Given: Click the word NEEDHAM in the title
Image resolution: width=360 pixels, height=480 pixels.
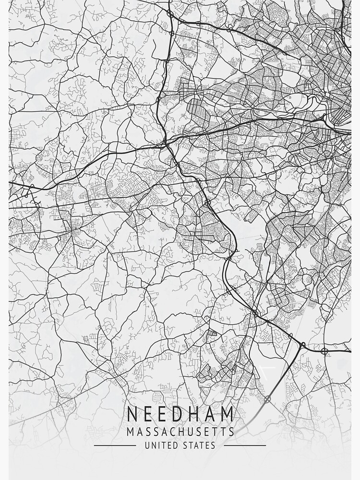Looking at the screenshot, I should [x=180, y=414].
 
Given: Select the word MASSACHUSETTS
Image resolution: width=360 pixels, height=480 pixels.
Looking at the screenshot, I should [x=180, y=432].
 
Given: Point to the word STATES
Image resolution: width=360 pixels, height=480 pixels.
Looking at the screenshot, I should [x=199, y=445].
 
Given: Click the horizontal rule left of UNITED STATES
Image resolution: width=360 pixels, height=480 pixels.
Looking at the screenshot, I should [x=115, y=445].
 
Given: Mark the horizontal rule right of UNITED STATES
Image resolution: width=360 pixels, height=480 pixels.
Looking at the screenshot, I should [x=245, y=445].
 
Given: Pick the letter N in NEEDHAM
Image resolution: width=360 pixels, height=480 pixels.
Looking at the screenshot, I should [x=133, y=414].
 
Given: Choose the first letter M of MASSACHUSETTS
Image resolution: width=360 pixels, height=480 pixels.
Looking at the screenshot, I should [x=131, y=432].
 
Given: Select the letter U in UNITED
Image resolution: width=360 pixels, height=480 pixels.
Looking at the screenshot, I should [x=147, y=445].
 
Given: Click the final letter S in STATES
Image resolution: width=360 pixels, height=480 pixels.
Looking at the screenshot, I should [x=213, y=445].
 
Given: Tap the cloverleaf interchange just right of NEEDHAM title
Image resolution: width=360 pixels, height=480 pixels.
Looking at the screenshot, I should [x=267, y=399].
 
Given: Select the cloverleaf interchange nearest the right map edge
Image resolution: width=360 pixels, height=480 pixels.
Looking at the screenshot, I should [x=324, y=351].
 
